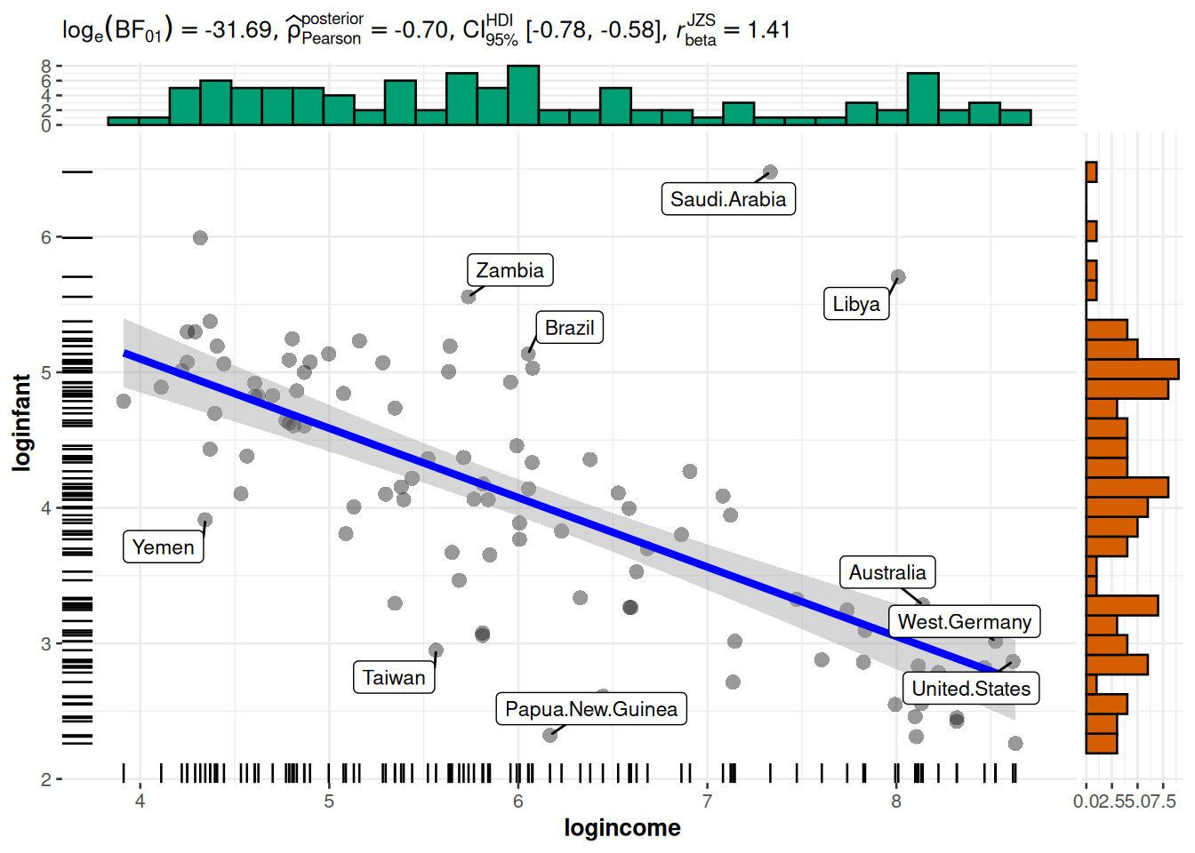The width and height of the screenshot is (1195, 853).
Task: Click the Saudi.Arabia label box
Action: click(x=727, y=199)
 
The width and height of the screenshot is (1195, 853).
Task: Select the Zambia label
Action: click(x=509, y=270)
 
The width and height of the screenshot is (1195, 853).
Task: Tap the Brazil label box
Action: click(x=569, y=328)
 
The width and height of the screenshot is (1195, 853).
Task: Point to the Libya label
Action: click(x=856, y=304)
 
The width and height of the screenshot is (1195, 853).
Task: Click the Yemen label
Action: click(x=163, y=547)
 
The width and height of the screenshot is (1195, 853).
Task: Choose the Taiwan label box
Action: click(x=394, y=678)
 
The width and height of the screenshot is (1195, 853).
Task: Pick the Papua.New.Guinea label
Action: click(x=591, y=709)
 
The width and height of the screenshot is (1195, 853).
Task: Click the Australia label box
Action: click(x=887, y=573)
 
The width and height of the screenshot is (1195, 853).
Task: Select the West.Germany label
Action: click(x=965, y=622)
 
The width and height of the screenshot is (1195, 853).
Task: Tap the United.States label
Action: click(x=971, y=689)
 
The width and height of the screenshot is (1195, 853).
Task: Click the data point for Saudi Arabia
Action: click(x=771, y=171)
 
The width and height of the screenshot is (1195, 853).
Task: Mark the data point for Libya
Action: click(x=898, y=277)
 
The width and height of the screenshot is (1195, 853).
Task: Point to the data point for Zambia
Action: click(x=469, y=297)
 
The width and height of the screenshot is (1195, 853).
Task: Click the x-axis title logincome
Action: click(x=622, y=828)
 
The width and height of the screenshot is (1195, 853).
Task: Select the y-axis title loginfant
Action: click(x=21, y=422)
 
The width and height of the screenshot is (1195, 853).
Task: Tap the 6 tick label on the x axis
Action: click(x=518, y=801)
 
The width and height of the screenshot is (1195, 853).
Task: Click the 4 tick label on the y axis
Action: click(x=46, y=508)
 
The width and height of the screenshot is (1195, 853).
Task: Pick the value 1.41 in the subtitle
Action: click(x=769, y=30)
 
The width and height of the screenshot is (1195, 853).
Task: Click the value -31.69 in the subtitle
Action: click(x=238, y=30)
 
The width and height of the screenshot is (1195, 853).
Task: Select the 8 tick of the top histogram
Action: click(x=46, y=66)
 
